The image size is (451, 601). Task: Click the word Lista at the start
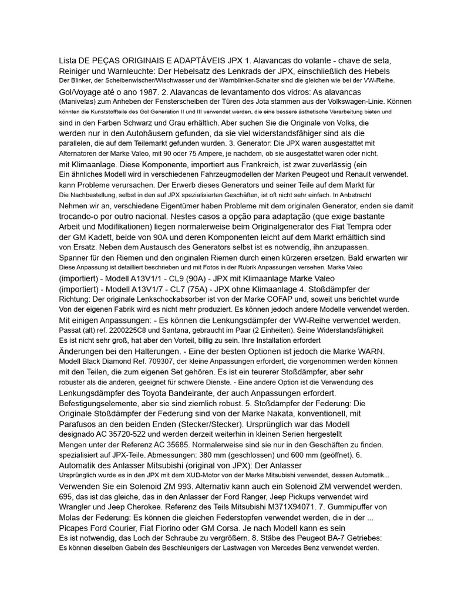click(68, 60)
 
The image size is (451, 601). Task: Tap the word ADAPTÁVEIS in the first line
click(191, 60)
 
